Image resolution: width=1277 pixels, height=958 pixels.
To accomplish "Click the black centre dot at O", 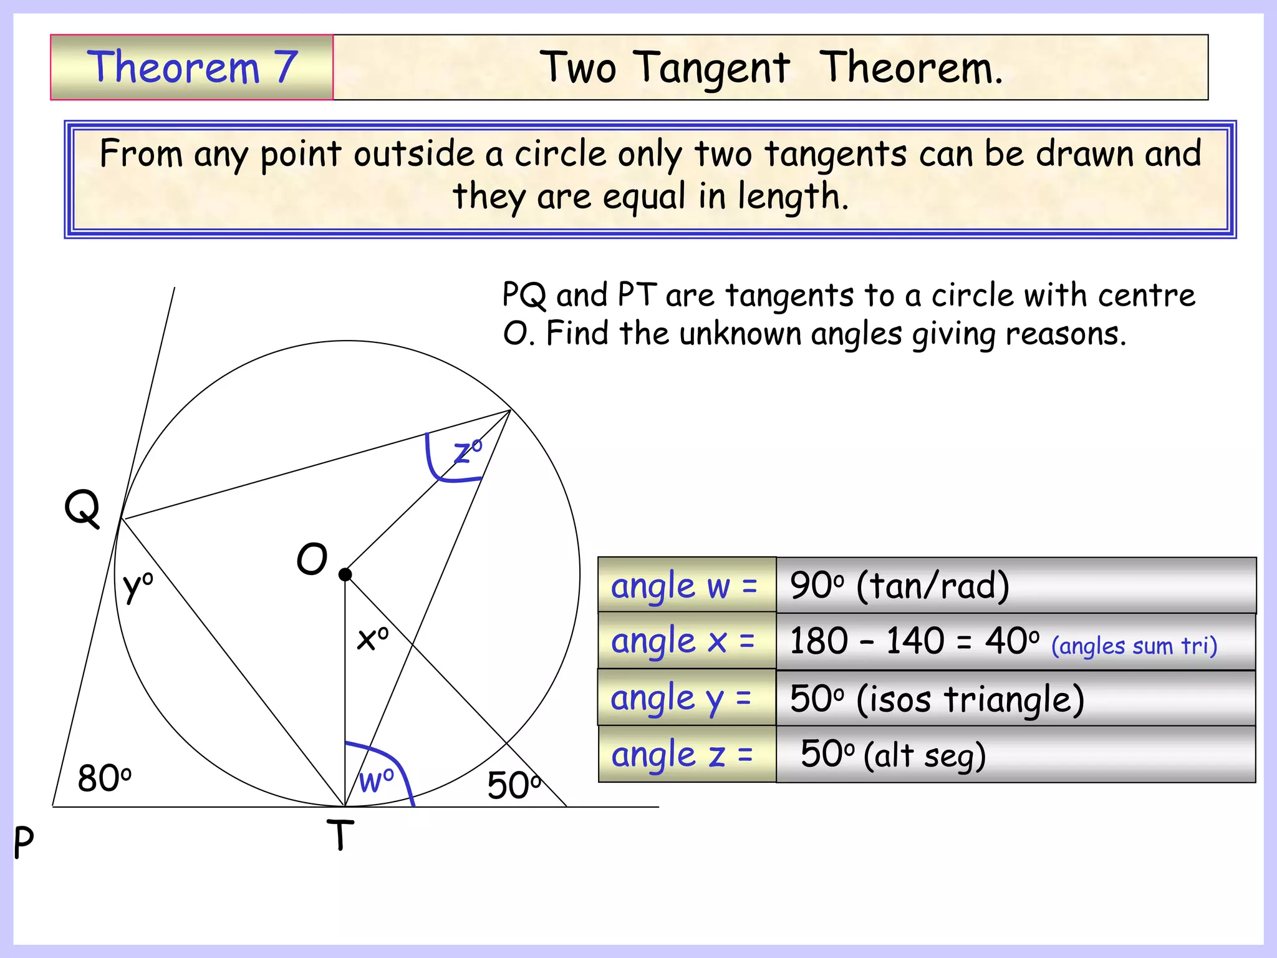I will click(x=345, y=574).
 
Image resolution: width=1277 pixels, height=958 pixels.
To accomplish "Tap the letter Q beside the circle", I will click(x=82, y=508).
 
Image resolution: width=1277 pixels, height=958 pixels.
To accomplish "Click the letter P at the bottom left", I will click(x=24, y=842).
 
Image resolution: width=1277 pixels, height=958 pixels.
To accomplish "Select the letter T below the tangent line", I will click(x=340, y=835).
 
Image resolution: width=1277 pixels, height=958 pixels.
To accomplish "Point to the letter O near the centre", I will click(x=312, y=559).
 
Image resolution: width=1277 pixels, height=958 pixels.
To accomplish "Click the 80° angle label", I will click(x=104, y=778).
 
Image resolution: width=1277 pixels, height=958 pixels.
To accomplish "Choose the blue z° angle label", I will click(x=468, y=451).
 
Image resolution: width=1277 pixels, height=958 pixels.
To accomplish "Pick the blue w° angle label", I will click(x=377, y=780).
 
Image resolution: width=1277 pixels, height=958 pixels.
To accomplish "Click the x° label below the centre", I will click(x=372, y=638).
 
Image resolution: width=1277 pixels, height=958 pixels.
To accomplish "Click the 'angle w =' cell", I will click(x=687, y=586).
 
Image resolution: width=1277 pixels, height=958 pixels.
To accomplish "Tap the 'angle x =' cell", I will click(x=687, y=641).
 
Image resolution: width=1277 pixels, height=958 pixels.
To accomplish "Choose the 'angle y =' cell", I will click(x=687, y=697).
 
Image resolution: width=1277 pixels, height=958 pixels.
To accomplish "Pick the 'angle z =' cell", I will click(x=687, y=754).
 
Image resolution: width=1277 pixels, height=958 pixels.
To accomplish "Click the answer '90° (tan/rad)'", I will click(x=899, y=586).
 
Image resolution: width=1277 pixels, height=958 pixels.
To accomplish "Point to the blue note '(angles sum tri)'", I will click(x=1134, y=646).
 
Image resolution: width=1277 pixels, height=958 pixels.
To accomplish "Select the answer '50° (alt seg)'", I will click(x=893, y=754).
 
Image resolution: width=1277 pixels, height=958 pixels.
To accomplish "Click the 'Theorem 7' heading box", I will click(x=192, y=67).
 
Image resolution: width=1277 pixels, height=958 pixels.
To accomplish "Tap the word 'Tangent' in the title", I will click(x=712, y=68).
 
